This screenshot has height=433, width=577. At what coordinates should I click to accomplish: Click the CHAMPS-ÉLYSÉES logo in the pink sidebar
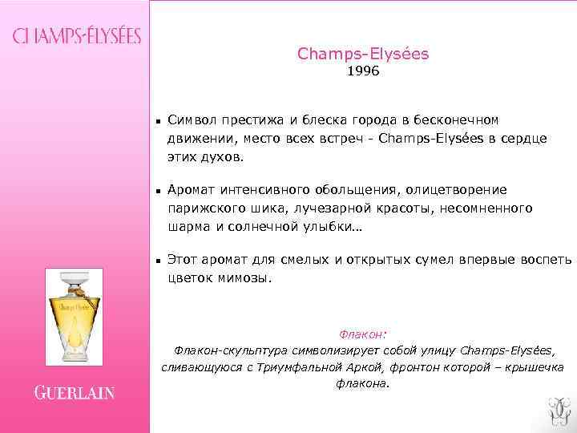point(76,36)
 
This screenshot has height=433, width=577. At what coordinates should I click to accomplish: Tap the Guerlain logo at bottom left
point(75,393)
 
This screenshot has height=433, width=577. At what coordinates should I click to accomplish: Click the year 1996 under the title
point(363,72)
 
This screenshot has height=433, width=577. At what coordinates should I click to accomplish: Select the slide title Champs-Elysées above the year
point(363,54)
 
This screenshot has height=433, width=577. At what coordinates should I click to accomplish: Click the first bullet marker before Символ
point(159,121)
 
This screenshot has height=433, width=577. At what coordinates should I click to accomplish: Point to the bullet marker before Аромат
point(159,191)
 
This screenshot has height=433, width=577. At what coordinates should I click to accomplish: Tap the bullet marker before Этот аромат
point(159,261)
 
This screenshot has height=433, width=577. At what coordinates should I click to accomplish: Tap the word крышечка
point(531,367)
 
